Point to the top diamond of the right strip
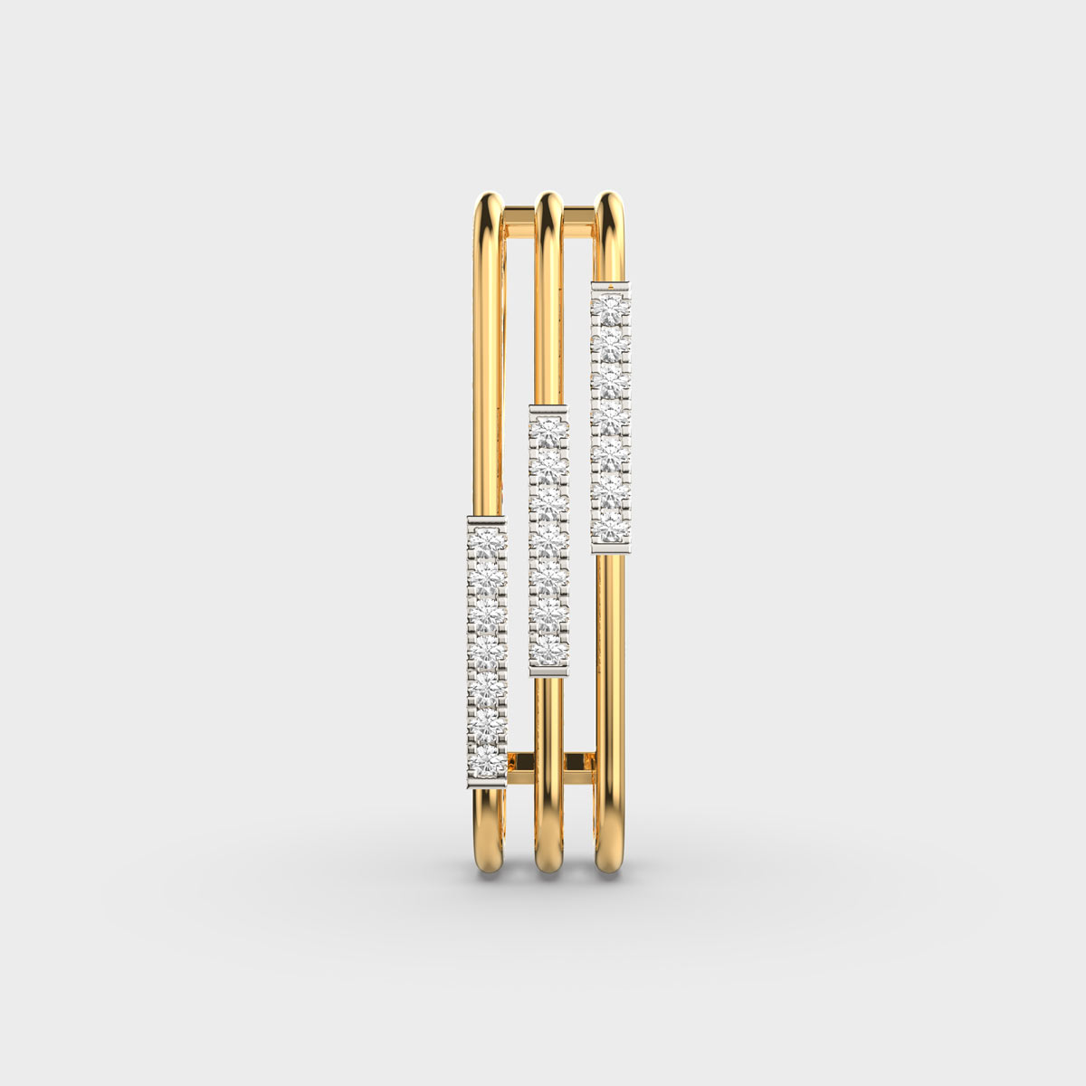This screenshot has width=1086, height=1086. tap(610, 310)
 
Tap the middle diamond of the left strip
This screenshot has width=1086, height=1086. tap(487, 650)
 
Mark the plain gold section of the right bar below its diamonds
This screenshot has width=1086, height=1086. tap(611, 688)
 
